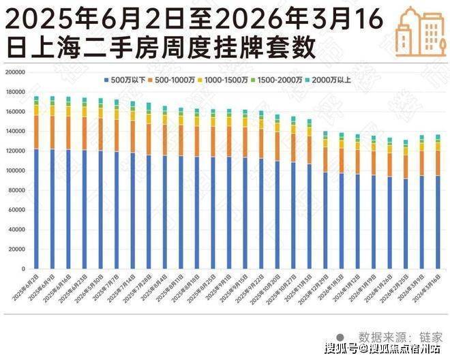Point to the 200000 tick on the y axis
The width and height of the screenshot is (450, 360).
tap(15, 72)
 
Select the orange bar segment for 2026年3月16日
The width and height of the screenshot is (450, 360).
tap(438, 163)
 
